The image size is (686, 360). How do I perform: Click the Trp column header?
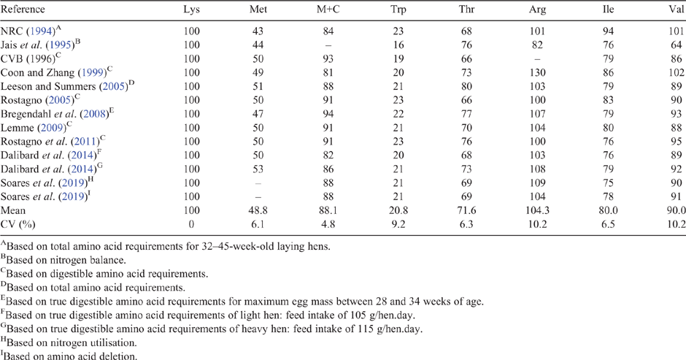click(398, 9)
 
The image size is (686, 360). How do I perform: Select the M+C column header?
click(328, 9)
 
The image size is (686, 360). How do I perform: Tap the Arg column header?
click(537, 10)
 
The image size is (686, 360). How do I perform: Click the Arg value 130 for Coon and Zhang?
click(537, 73)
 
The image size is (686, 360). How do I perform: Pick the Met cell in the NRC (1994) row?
click(258, 31)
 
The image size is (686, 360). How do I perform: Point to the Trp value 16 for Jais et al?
click(398, 45)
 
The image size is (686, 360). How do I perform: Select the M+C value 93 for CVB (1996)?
click(328, 58)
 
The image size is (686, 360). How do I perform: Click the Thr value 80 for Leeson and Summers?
click(466, 86)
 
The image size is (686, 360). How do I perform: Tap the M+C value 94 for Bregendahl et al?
click(328, 114)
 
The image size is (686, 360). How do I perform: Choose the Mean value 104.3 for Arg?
click(537, 210)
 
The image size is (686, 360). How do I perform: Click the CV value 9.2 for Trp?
click(398, 224)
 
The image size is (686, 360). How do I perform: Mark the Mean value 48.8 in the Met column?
click(258, 210)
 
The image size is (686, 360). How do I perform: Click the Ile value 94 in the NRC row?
click(608, 31)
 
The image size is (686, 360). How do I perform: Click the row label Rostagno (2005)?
click(38, 99)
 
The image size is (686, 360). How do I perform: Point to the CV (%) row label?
click(18, 224)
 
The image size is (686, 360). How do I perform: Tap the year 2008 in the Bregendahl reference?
click(94, 115)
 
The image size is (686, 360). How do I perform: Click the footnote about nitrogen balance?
click(63, 260)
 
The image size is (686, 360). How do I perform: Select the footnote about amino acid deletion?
click(69, 356)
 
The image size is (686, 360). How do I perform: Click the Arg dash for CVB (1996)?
click(537, 59)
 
